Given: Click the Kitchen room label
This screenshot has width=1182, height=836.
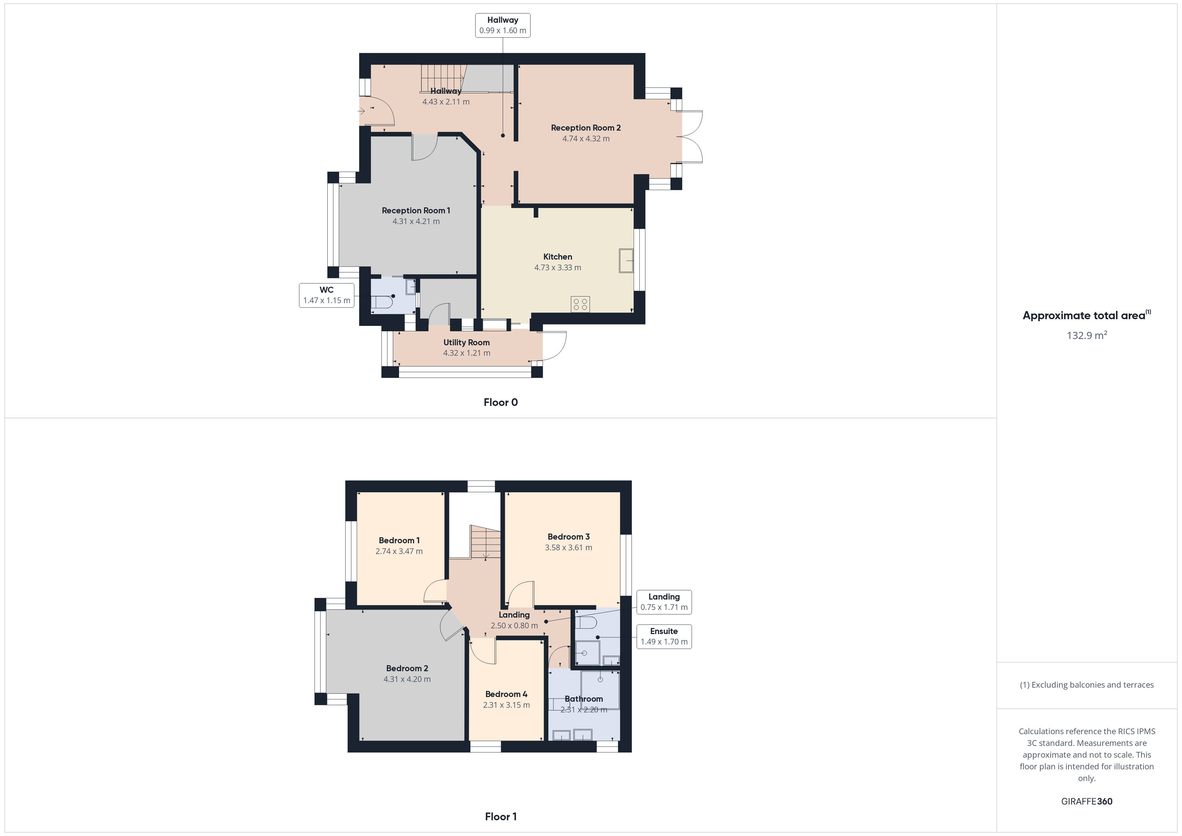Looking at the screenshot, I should click(557, 256).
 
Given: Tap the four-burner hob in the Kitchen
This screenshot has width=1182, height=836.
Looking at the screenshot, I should click(580, 304).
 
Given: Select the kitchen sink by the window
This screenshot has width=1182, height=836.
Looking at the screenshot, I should click(626, 261).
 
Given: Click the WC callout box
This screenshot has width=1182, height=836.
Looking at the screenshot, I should click(326, 295).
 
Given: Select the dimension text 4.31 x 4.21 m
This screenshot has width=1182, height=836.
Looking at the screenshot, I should click(416, 221).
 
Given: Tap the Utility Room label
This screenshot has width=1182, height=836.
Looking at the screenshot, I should click(466, 342).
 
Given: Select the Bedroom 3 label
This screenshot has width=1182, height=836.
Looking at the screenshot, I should click(568, 536).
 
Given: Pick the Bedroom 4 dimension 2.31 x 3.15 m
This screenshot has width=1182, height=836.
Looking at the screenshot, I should click(506, 705).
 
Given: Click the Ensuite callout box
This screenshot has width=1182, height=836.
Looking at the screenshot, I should click(664, 636).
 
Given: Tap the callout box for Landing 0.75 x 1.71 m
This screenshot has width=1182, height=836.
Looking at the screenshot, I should click(664, 602).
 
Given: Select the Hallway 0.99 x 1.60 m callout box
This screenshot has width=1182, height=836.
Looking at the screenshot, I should click(503, 25).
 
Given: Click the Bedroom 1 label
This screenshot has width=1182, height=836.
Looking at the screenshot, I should click(399, 540).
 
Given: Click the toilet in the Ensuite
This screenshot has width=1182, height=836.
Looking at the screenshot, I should click(585, 623).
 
